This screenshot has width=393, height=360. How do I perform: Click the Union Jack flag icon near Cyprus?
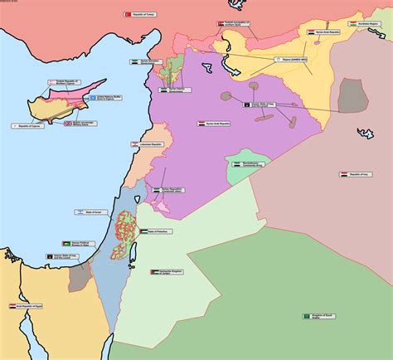(69, 123)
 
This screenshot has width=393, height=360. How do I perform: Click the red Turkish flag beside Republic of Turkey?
(128, 14)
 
